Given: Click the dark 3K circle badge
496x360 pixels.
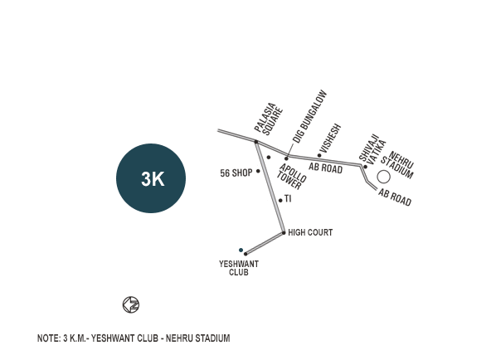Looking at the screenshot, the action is (151, 178).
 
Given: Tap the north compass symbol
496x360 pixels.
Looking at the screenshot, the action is (131, 304).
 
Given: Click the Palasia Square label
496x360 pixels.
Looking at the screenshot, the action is (269, 119).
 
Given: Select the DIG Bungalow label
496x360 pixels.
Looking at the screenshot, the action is (309, 116).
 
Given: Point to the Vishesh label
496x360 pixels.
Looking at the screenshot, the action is (330, 139).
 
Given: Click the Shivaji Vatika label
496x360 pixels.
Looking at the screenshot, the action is (372, 148).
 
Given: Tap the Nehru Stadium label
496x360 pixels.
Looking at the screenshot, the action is (398, 165).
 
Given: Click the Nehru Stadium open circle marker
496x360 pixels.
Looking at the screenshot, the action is (383, 178).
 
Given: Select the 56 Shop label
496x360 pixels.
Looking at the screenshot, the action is (236, 173).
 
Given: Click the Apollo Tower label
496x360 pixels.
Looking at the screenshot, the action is (291, 176).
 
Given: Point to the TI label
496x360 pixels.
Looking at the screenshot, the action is (288, 199).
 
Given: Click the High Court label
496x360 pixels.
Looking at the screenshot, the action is (310, 232).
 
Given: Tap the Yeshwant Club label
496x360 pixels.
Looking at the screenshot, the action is (239, 268).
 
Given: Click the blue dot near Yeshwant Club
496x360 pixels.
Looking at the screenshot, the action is (241, 250).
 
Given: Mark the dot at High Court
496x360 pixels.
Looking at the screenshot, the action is (284, 233).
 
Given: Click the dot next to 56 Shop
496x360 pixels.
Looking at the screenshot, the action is (258, 171).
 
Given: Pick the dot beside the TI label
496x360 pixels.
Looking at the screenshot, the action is (280, 200).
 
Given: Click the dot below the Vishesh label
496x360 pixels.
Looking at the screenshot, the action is (319, 155).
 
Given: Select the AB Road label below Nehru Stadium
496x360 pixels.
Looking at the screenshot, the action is (395, 197).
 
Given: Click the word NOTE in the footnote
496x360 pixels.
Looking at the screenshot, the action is (49, 338).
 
